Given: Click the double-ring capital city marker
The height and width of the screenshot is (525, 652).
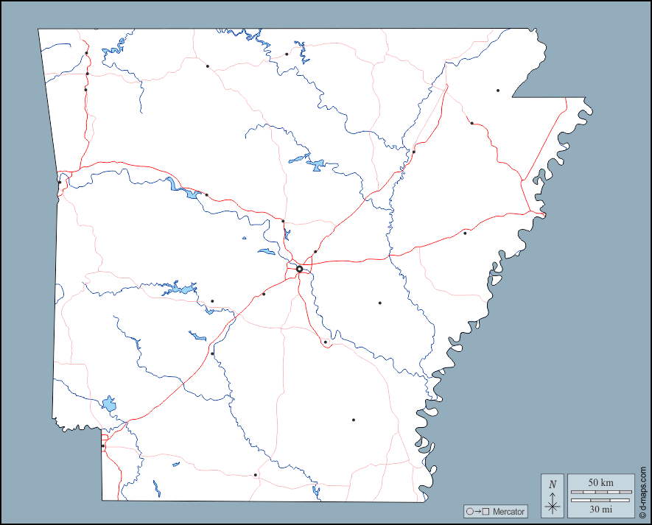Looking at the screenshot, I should coord(299,269).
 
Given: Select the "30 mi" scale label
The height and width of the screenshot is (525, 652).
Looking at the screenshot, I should coord(600,508).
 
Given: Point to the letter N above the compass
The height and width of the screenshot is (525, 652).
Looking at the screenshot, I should coord(553,484).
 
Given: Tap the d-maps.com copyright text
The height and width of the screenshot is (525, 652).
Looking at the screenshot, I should coord(642,493).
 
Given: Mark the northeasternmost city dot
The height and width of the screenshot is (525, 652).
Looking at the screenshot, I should coord(498,91).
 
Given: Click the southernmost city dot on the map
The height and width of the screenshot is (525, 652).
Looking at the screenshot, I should coord(256,475).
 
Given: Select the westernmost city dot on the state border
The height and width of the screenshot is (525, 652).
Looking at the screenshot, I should coord(60,182).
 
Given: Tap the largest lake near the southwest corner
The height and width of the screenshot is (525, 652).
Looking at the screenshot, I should coord(110,404).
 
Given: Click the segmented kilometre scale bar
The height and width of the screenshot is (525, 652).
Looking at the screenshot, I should coord(600,491).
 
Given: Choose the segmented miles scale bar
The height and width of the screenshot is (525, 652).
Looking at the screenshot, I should coord(600,500).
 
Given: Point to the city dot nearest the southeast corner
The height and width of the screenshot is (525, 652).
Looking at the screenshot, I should coord(354,420).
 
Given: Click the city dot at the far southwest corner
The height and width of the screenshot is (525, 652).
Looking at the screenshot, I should coord(103,445).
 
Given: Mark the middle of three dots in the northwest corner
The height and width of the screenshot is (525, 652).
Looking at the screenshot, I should coord(87,74).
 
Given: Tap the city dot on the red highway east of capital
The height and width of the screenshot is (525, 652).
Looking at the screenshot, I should coord(465,233).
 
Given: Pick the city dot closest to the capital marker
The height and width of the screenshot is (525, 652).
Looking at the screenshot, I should coord(315,252).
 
